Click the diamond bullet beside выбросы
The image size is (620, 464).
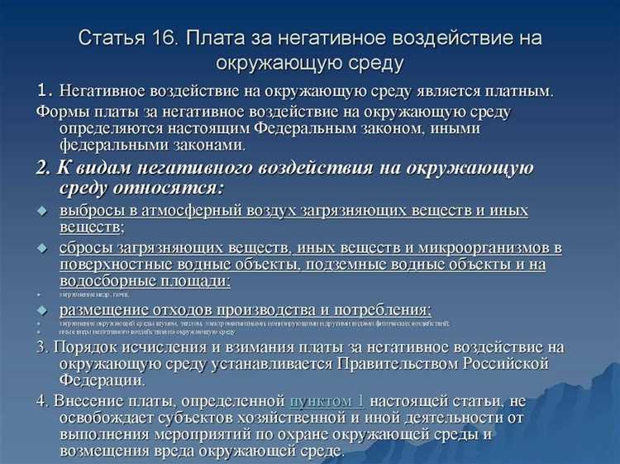(x=44, y=211)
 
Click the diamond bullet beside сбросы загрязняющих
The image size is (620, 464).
(x=44, y=248)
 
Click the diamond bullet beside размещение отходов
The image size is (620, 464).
(x=44, y=310)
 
